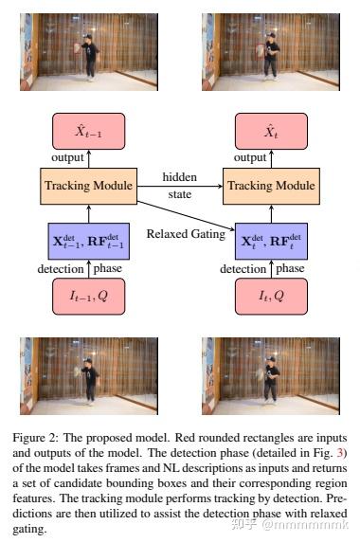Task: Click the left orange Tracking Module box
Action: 87,185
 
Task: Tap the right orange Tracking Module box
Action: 268,185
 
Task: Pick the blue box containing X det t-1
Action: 87,241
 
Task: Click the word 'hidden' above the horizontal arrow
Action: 179,176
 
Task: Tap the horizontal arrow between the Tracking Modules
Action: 178,186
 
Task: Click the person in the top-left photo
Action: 89,54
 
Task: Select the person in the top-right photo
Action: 269,54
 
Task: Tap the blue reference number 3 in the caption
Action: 344,452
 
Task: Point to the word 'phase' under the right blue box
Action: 290,269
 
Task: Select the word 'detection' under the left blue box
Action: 59,269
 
